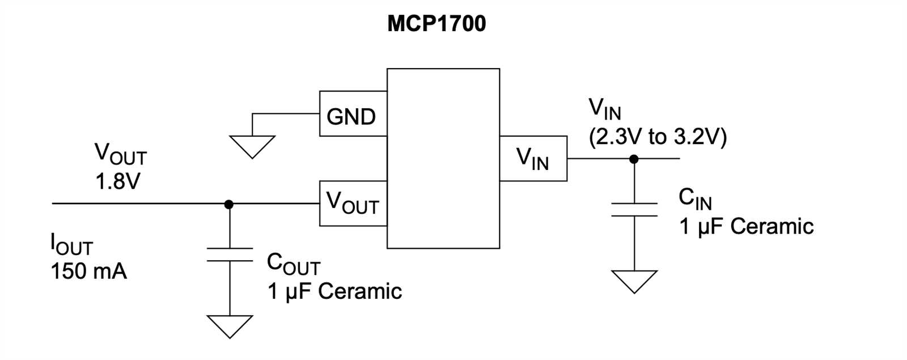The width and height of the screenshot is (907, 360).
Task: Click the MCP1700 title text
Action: (436, 24)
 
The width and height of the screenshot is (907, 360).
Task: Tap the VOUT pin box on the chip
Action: (353, 204)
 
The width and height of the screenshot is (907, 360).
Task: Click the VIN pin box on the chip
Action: (533, 158)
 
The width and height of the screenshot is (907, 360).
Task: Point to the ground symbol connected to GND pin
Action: (252, 146)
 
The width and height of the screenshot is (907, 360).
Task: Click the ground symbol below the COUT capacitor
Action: (230, 327)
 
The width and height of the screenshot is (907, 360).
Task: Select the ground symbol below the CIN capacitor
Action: (634, 281)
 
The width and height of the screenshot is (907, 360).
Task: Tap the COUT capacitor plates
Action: (230, 255)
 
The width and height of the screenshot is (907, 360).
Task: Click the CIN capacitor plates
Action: (634, 209)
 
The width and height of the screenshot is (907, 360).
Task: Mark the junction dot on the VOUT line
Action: (229, 204)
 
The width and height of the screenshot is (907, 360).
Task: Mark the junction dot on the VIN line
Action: (634, 159)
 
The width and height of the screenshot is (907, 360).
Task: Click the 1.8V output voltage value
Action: (118, 182)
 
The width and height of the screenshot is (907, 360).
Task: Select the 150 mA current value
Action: (89, 272)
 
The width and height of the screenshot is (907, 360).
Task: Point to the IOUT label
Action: (71, 245)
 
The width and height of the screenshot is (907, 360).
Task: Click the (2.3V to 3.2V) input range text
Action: (658, 137)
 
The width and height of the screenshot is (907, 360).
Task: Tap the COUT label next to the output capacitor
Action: (293, 264)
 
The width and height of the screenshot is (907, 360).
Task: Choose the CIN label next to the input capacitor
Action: (695, 200)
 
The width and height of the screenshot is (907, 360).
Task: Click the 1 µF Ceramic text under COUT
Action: (334, 291)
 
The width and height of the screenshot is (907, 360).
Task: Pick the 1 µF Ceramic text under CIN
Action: (746, 226)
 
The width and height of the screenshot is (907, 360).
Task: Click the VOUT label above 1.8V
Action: (120, 154)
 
